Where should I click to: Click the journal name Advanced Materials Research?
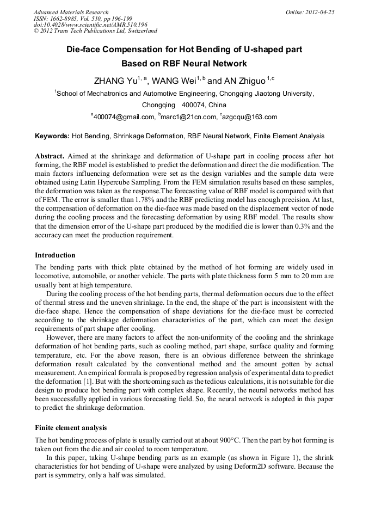point(71,12)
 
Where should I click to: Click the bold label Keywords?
point(52,136)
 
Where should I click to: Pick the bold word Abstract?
point(50,155)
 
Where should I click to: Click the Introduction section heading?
point(55,255)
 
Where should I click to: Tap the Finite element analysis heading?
point(71,428)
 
